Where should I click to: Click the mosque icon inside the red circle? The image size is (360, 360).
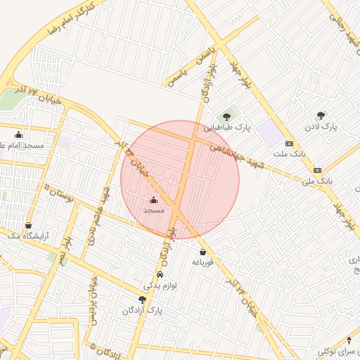coord(154,200)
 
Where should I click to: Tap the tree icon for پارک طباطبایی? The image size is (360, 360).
coord(226,117)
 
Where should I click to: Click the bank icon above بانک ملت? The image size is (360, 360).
coord(289,143)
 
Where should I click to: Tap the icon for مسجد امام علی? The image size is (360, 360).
coord(18,134)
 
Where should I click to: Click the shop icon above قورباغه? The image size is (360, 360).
coord(202,252)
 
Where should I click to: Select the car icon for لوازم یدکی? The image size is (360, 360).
coord(160,275)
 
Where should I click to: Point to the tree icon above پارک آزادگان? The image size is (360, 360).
coord(143,300)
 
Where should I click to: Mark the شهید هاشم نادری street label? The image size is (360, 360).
coord(99,215)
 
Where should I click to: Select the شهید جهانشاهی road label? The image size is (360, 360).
coord(232,153)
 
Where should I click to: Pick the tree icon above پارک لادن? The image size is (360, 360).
coord(321,115)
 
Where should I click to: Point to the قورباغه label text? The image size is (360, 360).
coord(202,262)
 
